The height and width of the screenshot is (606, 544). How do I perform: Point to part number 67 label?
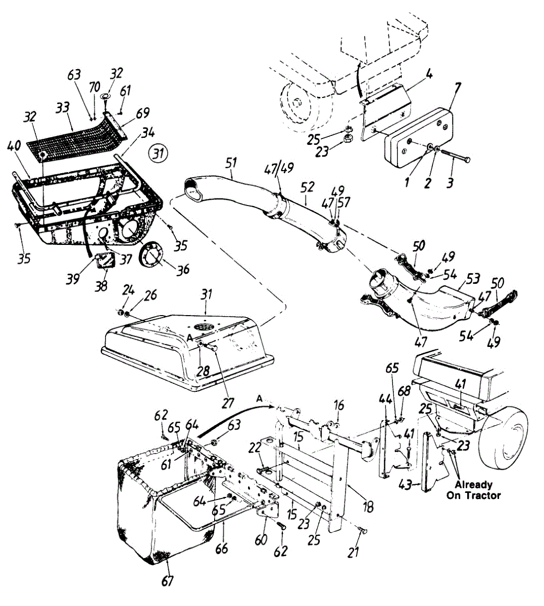pos(167,581)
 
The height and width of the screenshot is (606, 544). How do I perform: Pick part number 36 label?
pos(183,269)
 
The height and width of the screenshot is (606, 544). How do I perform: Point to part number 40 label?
pos(14,146)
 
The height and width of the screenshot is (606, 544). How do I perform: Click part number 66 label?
pos(221,547)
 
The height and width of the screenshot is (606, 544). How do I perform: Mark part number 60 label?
pos(261,540)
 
